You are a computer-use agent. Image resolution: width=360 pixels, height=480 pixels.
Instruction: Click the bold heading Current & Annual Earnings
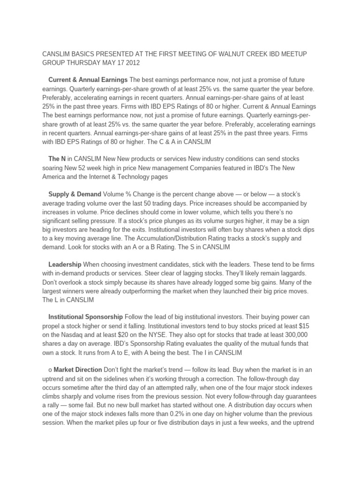point(88,80)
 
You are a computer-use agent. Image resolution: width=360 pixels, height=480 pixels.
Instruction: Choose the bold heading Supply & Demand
point(75,194)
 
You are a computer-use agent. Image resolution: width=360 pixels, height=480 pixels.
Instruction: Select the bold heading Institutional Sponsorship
point(86,317)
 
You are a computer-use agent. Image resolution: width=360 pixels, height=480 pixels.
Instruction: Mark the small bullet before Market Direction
point(50,370)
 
